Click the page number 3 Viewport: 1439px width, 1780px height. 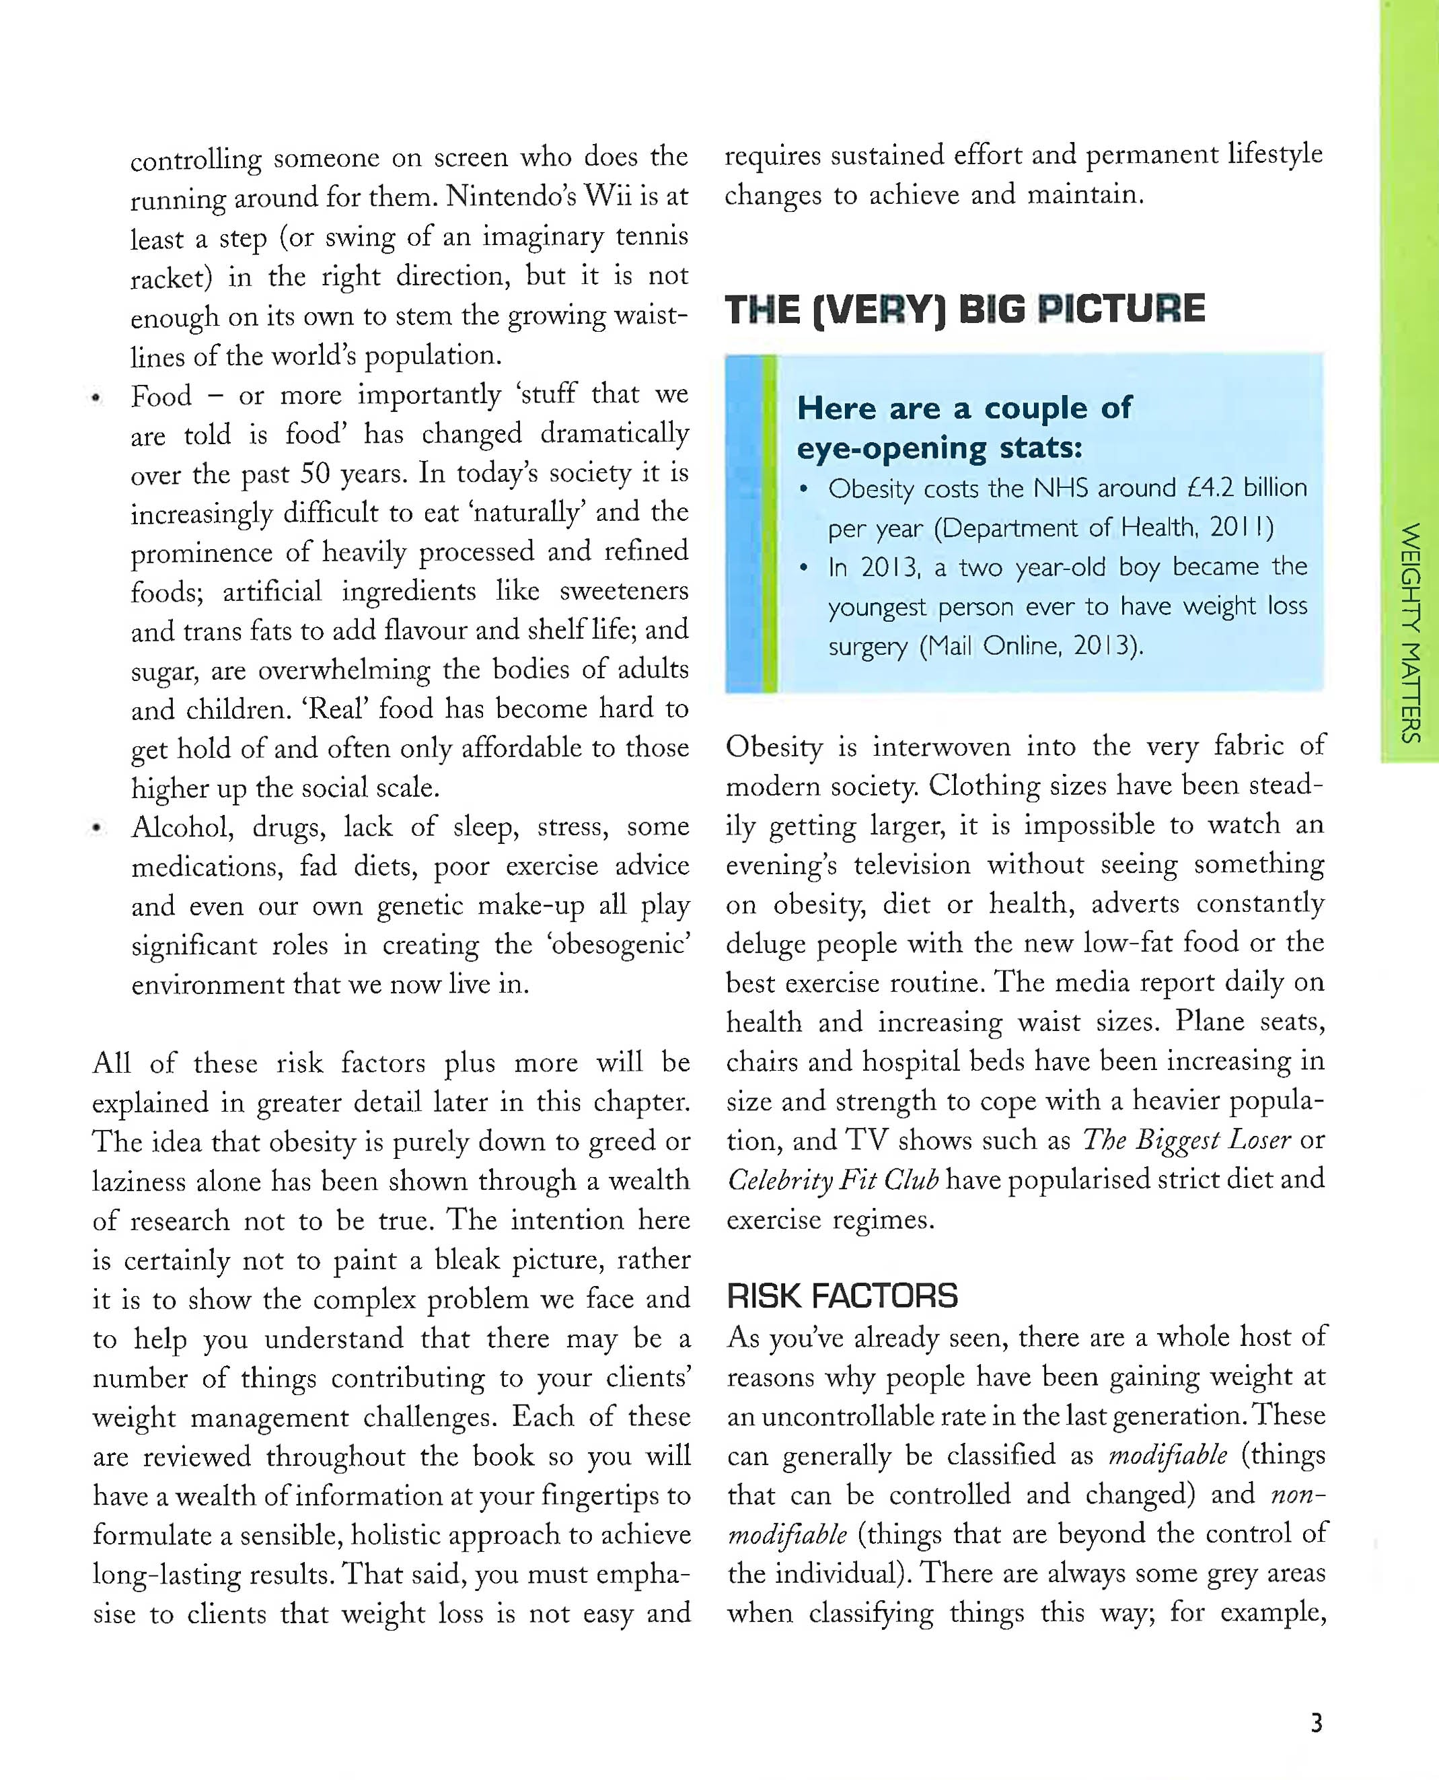click(1317, 1723)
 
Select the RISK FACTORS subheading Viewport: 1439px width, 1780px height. click(842, 1296)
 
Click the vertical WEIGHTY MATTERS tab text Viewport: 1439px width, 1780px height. click(1410, 632)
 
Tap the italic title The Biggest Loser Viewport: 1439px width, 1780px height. click(1186, 1140)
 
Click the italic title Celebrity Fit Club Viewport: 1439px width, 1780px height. click(832, 1180)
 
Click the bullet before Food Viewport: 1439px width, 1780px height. click(97, 398)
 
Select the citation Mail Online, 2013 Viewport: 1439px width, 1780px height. click(1031, 646)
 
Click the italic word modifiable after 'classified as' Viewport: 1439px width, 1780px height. click(1167, 1455)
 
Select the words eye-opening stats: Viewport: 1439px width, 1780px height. click(939, 448)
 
